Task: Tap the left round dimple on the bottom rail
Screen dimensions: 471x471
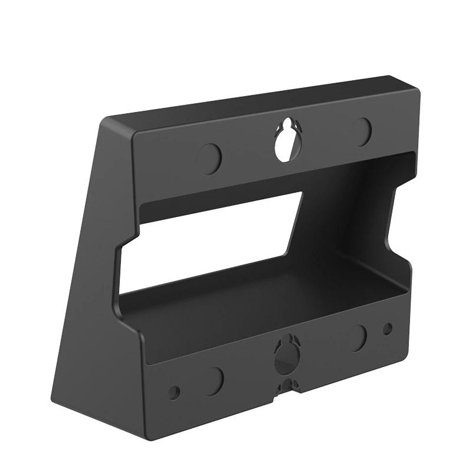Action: [x=213, y=375]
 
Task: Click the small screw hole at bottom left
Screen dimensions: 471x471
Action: [x=174, y=392]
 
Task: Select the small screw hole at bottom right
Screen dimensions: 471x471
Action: [x=387, y=329]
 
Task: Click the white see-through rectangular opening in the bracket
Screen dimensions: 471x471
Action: [x=210, y=244]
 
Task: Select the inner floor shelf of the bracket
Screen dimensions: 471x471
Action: [x=262, y=306]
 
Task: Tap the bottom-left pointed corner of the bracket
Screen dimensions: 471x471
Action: [x=54, y=399]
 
